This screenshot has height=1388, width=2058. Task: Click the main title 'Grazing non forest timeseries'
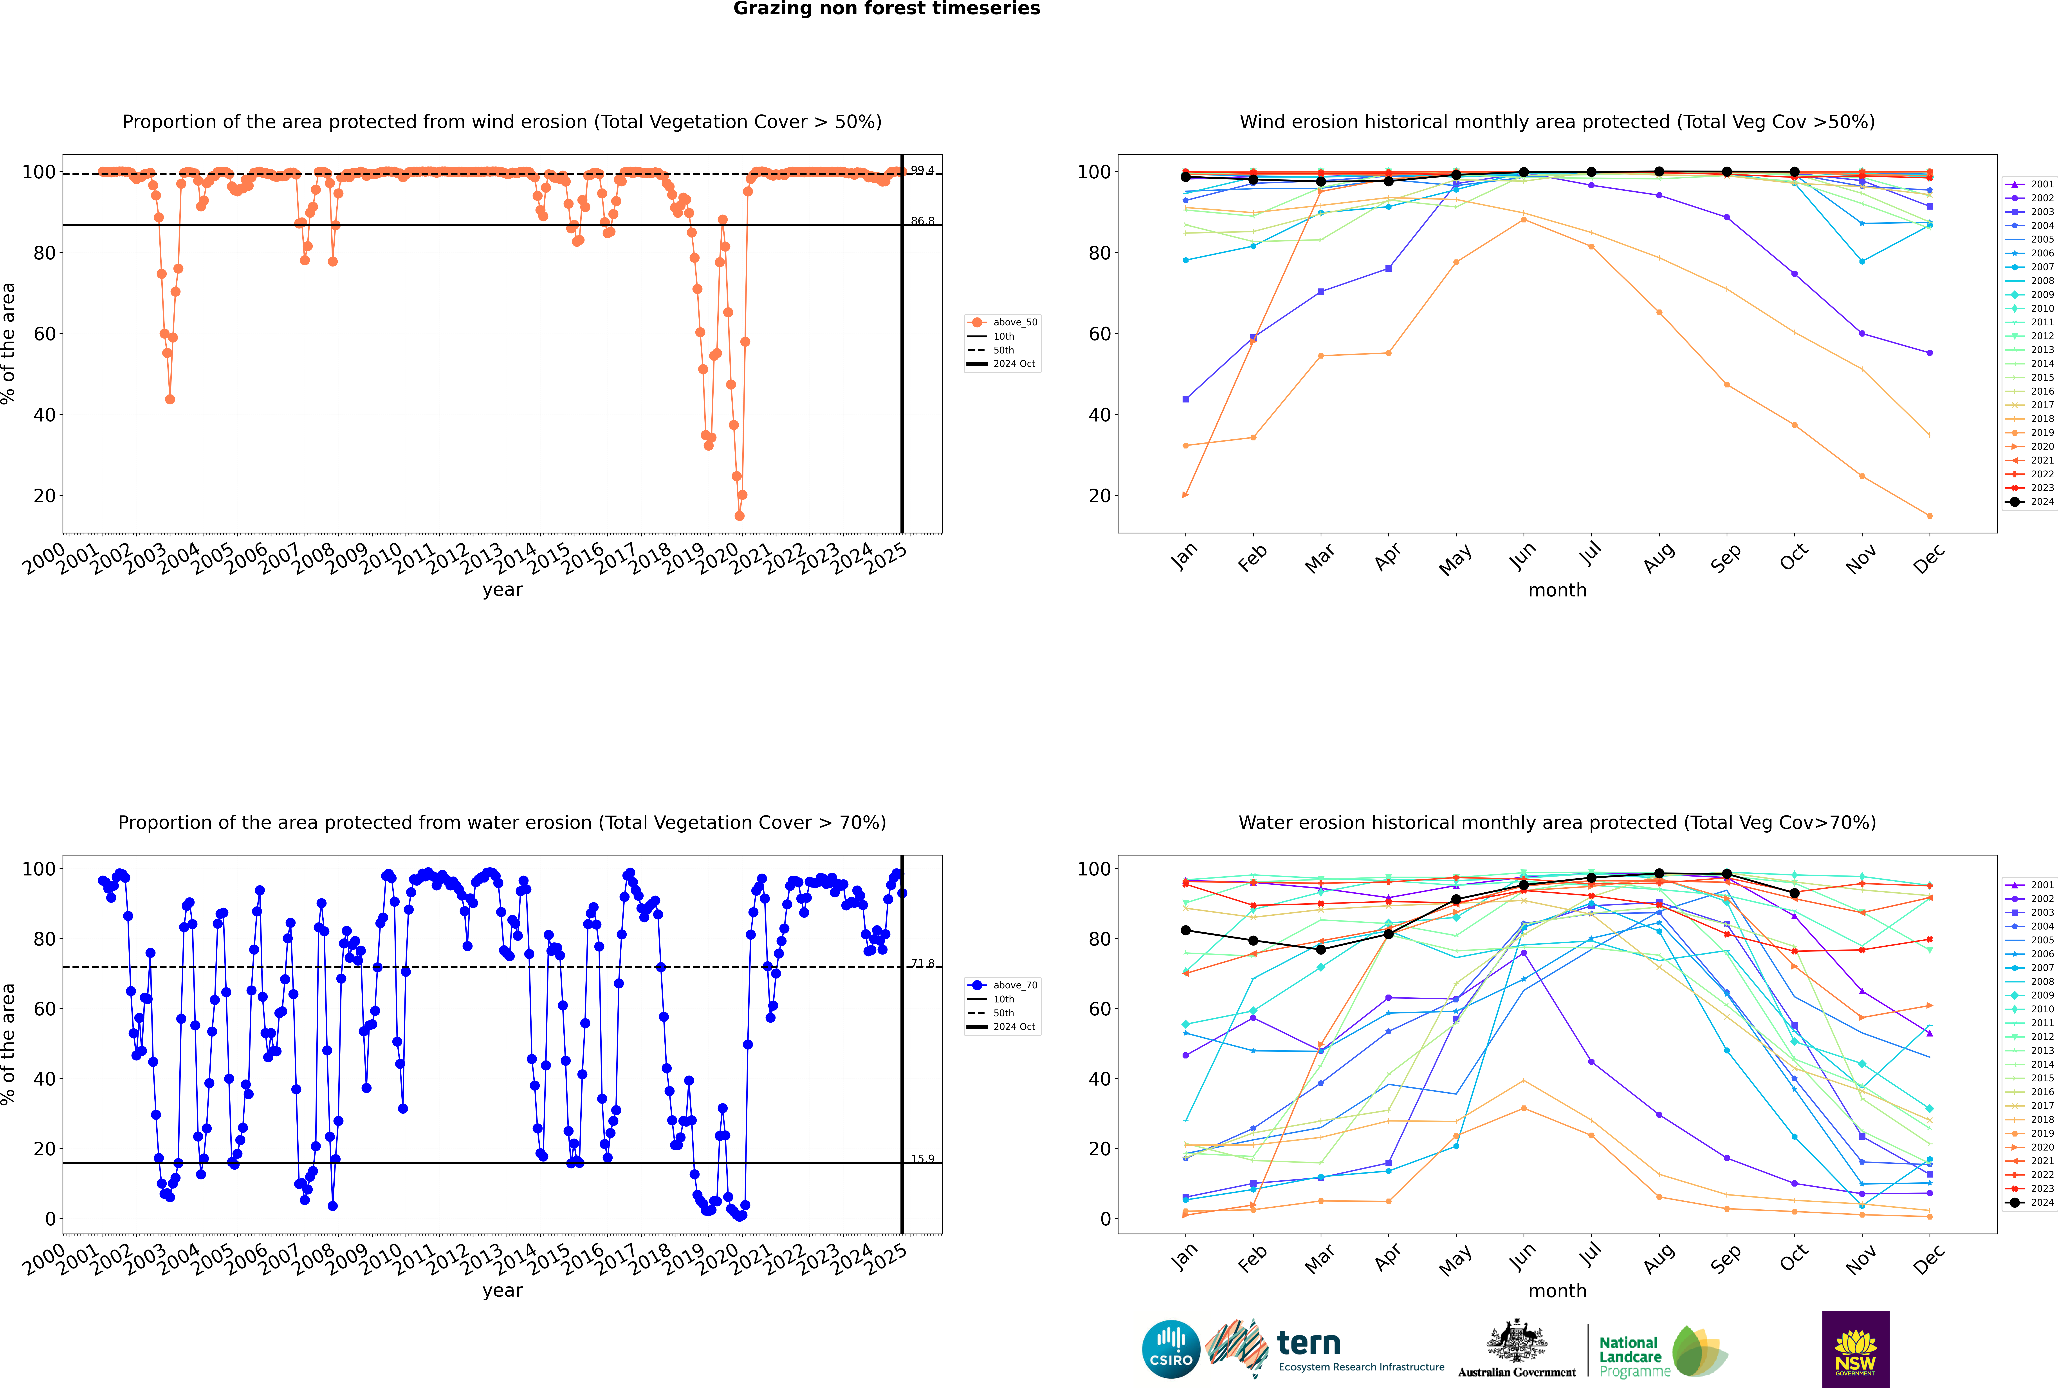pyautogui.click(x=887, y=9)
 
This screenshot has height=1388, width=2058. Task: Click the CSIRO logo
pyautogui.click(x=1171, y=1349)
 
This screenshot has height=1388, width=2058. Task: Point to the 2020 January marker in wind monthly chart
pyautogui.click(x=1186, y=495)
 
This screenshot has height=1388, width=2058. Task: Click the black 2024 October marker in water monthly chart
pyautogui.click(x=1794, y=893)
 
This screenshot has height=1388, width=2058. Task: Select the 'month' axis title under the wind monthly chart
pyautogui.click(x=1557, y=591)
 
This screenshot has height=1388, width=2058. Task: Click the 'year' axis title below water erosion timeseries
pyautogui.click(x=503, y=1291)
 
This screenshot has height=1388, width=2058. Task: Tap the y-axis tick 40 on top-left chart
pyautogui.click(x=44, y=415)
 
